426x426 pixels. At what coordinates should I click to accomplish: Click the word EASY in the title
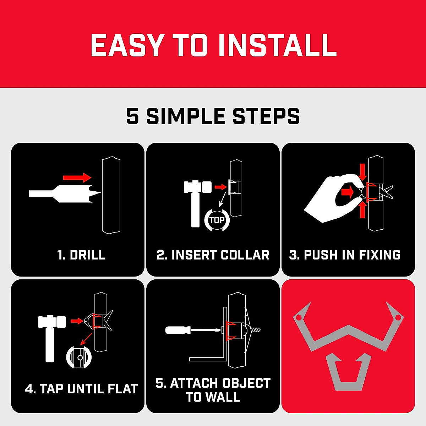127,45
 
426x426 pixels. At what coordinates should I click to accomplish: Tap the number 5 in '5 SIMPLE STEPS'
132,116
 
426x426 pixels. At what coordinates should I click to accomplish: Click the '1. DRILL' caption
81,255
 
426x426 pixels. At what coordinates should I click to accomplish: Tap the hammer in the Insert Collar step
196,199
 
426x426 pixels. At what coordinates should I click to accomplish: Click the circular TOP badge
217,220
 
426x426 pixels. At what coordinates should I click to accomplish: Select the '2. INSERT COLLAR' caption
213,255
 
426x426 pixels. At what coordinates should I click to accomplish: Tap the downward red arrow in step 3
362,172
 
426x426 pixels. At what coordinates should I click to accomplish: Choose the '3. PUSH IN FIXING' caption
345,255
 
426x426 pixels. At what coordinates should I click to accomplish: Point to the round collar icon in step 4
79,357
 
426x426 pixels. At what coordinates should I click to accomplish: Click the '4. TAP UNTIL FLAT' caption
81,389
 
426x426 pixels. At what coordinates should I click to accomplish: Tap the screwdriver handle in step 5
177,330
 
